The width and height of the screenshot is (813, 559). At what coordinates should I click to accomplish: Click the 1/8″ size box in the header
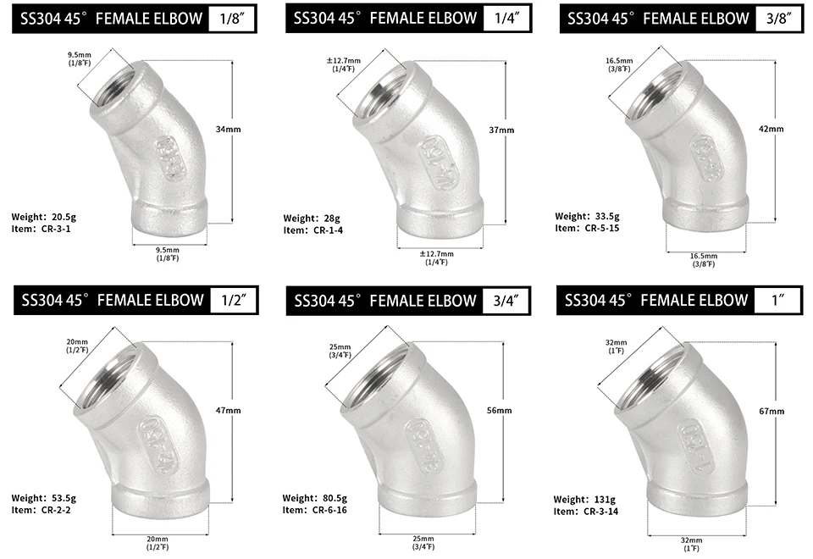pyautogui.click(x=232, y=19)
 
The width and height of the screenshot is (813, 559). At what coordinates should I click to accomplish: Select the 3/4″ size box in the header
pyautogui.click(x=506, y=301)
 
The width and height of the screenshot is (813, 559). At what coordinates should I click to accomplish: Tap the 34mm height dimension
pyautogui.click(x=228, y=129)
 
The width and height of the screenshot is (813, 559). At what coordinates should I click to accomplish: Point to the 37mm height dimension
pyautogui.click(x=501, y=130)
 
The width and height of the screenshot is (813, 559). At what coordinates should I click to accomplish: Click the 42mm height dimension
pyautogui.click(x=771, y=129)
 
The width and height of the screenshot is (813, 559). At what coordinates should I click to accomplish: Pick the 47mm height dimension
pyautogui.click(x=228, y=410)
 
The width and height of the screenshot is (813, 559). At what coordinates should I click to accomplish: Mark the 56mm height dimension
pyautogui.click(x=500, y=410)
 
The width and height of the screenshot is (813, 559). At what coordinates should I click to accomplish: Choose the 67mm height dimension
pyautogui.click(x=772, y=412)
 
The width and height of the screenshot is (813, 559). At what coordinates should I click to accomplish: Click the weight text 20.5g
pyautogui.click(x=64, y=218)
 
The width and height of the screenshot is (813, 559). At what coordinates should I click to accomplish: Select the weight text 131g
pyautogui.click(x=602, y=500)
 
